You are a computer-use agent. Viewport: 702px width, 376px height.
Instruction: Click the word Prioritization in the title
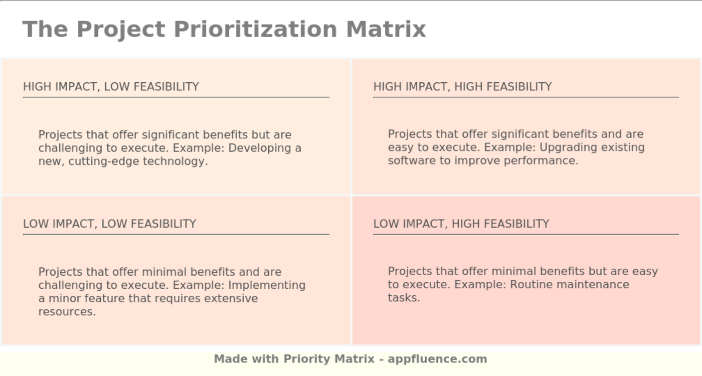tap(255, 30)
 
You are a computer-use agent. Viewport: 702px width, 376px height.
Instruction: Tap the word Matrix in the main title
tap(386, 29)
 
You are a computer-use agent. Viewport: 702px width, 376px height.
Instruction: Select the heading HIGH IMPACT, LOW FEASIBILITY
tap(111, 87)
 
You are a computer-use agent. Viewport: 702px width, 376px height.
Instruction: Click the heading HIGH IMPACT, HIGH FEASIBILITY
tap(462, 87)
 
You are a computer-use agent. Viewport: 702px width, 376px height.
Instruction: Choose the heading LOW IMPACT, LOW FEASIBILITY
tap(110, 224)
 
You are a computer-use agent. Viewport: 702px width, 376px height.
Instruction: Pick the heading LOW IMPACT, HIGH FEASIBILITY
tap(461, 224)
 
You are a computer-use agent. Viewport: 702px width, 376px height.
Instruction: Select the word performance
tap(541, 161)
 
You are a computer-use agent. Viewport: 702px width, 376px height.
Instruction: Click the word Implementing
tap(267, 285)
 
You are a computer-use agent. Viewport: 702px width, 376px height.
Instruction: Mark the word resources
tap(67, 312)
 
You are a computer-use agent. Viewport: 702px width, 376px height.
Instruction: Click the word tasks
tap(404, 298)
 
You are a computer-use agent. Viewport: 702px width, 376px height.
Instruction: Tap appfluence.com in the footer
tap(437, 359)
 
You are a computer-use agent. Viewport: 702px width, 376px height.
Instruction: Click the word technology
tap(175, 161)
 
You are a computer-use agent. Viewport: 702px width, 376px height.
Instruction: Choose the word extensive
tap(231, 298)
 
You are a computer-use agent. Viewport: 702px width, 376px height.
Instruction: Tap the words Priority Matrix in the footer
tap(329, 359)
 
